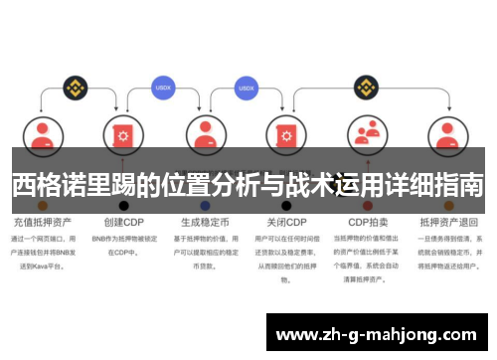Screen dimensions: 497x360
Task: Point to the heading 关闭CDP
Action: click(x=285, y=221)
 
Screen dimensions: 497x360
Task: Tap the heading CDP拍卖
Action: click(x=368, y=221)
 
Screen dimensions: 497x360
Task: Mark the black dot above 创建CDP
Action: click(x=124, y=206)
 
